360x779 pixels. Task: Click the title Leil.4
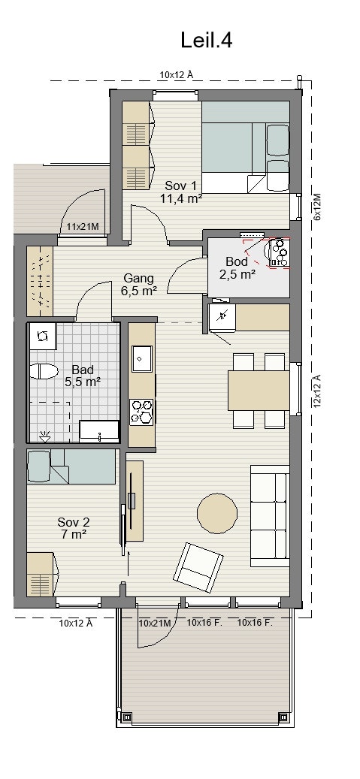tap(207, 41)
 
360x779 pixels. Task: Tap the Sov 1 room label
tap(181, 186)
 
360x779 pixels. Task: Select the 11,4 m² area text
tap(180, 198)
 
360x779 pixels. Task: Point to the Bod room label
tap(237, 261)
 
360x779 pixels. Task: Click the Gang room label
tap(139, 278)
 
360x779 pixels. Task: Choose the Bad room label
tap(83, 370)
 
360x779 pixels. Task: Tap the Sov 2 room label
tap(74, 522)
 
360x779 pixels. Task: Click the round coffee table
tap(217, 514)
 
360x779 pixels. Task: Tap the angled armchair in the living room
tap(198, 567)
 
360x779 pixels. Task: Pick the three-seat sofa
tap(270, 515)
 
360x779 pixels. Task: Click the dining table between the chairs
tap(259, 391)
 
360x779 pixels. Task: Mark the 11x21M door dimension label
tap(83, 227)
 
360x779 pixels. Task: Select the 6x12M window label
tap(317, 207)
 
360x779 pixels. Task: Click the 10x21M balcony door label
tap(155, 623)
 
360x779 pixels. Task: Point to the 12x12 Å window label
tap(317, 391)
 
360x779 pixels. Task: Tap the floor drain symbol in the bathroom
tap(45, 436)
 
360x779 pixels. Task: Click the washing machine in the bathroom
tap(43, 337)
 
